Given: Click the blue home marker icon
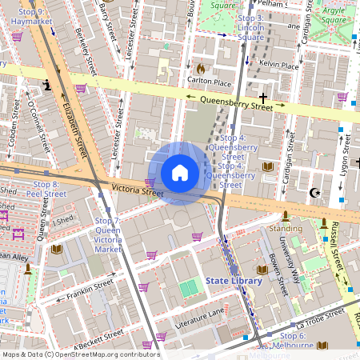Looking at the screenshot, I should (x=180, y=173).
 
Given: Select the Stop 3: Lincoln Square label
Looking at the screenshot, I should (x=250, y=27).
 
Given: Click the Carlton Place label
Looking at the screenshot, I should (x=209, y=82).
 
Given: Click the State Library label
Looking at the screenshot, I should (x=234, y=281).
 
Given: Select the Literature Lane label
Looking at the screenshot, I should (x=196, y=318).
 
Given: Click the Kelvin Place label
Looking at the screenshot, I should (x=279, y=66).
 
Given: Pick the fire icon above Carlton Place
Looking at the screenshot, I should (x=201, y=69).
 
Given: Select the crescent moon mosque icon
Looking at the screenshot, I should (x=314, y=192).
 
